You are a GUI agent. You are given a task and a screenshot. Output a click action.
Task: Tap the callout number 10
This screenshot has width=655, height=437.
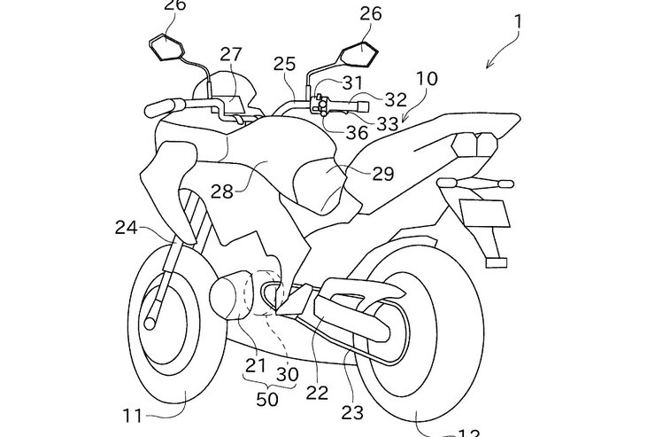[x=425, y=79]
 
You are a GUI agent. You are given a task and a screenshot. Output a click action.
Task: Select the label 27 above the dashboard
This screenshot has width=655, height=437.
[x=231, y=54]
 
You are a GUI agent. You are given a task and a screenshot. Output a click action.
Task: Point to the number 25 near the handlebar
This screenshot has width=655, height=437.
[x=285, y=64]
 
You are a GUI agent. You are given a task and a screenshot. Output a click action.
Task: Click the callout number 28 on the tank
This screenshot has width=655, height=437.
[x=222, y=190]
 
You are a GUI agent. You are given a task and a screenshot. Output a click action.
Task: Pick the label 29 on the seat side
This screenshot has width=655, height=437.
[x=382, y=174]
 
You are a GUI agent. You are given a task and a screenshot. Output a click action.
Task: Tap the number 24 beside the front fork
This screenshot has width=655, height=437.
[x=126, y=228]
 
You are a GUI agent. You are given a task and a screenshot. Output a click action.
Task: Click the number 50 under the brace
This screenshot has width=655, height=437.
[x=266, y=399]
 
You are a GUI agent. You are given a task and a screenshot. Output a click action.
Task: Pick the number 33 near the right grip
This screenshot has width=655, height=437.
[x=387, y=124]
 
